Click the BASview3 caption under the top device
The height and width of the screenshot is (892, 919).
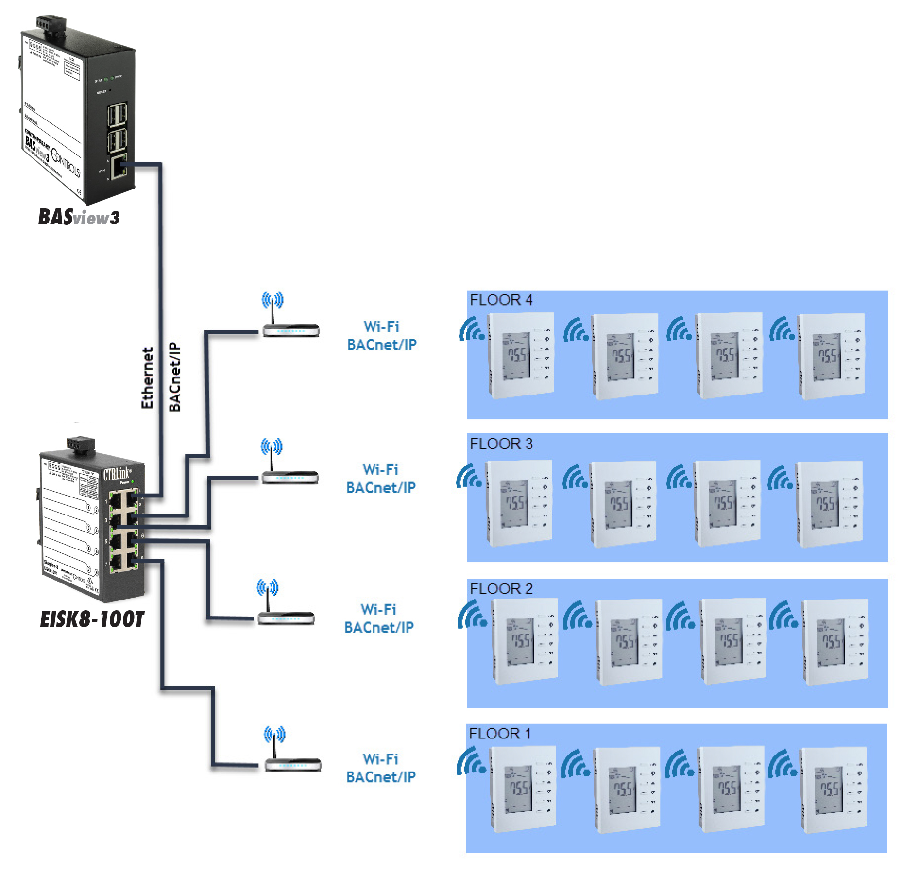[x=79, y=217]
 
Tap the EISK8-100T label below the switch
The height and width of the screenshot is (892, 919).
[x=92, y=619]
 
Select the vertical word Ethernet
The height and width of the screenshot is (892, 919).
[x=147, y=378]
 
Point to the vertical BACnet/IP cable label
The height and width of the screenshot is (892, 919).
[x=175, y=377]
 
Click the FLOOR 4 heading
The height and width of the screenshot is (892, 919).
[x=501, y=300]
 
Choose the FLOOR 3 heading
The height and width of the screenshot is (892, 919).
[x=501, y=444]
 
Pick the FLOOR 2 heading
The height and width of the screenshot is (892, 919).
[x=501, y=589]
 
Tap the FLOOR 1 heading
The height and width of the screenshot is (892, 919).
[x=499, y=733]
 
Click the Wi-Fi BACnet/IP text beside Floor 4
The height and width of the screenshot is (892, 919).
[x=382, y=336]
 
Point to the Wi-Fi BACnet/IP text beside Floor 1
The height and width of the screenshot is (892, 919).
[x=381, y=768]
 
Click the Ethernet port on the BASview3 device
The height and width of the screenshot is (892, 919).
[x=119, y=167]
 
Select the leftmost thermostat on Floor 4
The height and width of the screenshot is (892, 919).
[x=521, y=355]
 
